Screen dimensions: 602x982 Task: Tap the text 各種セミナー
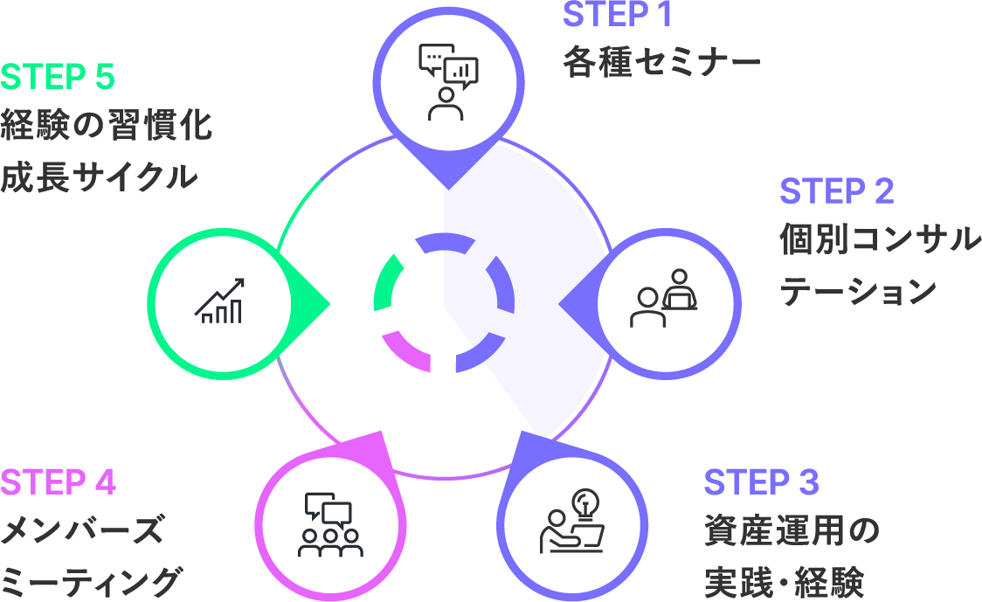pyautogui.click(x=661, y=64)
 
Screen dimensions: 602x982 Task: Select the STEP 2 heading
pyautogui.click(x=836, y=191)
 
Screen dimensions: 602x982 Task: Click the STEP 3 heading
pyautogui.click(x=761, y=482)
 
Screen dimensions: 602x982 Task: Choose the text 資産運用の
pyautogui.click(x=791, y=531)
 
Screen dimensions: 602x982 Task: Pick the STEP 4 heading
pyautogui.click(x=59, y=482)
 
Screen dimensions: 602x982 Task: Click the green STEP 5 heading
pyautogui.click(x=58, y=77)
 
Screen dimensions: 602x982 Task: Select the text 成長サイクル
pyautogui.click(x=98, y=177)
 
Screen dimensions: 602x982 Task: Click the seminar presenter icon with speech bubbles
pyautogui.click(x=448, y=81)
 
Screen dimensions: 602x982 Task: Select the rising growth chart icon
pyautogui.click(x=219, y=301)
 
